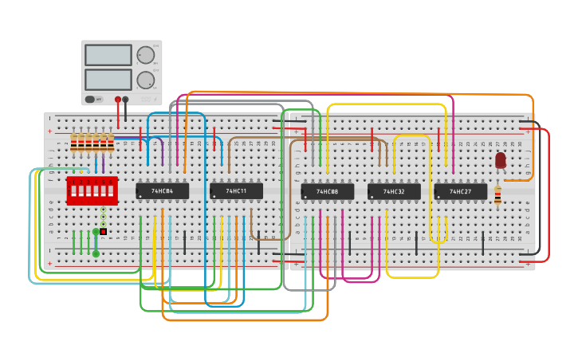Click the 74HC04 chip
pos(162,191)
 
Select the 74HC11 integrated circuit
pos(236,191)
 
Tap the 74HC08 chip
pos(327,191)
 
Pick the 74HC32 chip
pos(394,191)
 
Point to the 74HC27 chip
pos(460,191)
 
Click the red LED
pos(500,160)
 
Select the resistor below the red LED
pos(497,195)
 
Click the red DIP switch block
pos(92,191)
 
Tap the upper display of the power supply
pos(108,55)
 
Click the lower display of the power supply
pos(108,80)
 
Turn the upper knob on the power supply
pos(145,55)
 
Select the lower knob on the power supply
pos(145,80)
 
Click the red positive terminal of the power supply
pos(118,100)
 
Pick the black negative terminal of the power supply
pos(125,100)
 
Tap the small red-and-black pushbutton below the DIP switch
pos(103,231)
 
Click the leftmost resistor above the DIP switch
pos(74,143)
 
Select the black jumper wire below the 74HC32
pos(415,241)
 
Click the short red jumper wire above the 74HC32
pos(372,134)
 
